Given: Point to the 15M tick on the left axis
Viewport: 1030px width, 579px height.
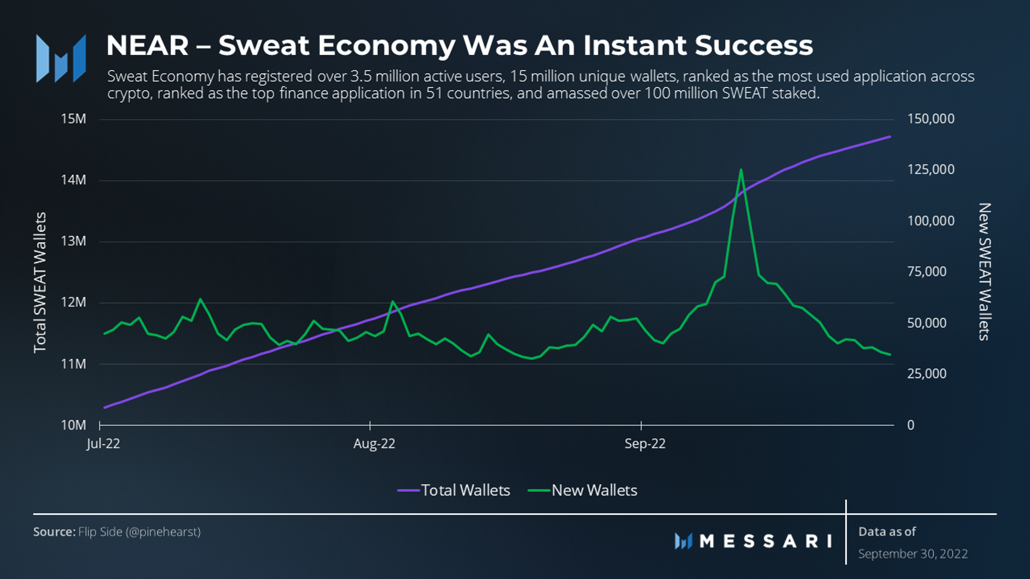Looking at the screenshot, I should tap(74, 119).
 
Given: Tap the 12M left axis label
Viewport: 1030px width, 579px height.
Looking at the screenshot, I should tap(74, 302).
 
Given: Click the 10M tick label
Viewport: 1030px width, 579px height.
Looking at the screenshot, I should tap(74, 425).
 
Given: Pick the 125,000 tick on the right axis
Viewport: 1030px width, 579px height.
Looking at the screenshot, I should tap(930, 170).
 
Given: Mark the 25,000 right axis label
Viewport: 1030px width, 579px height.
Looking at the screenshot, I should tap(926, 374).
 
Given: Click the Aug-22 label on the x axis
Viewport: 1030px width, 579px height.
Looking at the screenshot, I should tap(374, 443).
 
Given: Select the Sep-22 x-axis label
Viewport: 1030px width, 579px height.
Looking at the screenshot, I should tap(645, 443).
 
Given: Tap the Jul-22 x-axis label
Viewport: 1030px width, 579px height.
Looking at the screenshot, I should tap(103, 443).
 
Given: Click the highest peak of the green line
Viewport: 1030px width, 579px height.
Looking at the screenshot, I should tap(741, 170).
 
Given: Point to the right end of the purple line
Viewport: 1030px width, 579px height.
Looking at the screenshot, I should tap(890, 137).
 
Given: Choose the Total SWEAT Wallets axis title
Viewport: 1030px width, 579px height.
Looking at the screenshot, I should tap(40, 283).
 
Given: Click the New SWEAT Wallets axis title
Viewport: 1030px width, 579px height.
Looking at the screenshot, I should tap(985, 272).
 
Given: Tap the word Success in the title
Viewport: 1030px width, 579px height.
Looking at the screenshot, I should tap(754, 45).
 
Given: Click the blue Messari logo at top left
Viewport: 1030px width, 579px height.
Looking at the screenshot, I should tap(61, 59).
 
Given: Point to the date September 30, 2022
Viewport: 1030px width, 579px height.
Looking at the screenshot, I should tap(913, 554).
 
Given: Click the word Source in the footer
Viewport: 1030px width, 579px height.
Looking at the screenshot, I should tap(54, 532).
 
